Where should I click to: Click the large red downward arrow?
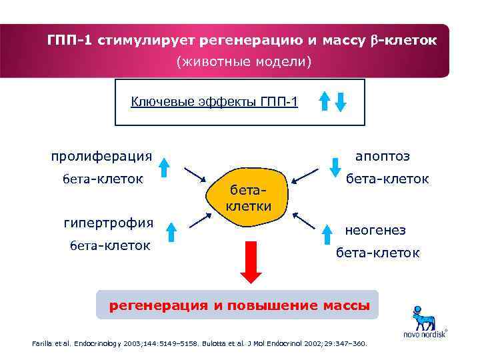[253, 261]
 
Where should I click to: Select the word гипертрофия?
[108, 222]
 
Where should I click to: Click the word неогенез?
[375, 230]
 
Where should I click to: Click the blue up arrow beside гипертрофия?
[171, 231]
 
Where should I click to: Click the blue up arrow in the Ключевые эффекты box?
[325, 101]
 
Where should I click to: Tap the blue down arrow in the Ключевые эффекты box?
[341, 101]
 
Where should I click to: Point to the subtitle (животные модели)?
[243, 62]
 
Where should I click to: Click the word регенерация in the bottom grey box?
[158, 305]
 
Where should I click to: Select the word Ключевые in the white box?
[158, 101]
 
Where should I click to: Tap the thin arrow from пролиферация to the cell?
[194, 175]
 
